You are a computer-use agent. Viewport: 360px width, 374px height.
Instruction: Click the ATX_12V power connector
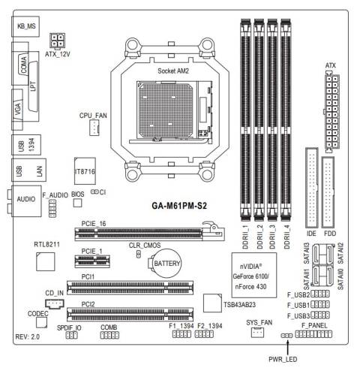58,41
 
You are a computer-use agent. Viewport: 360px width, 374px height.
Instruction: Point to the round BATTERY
164,264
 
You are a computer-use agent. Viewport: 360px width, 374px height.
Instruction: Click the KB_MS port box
28,26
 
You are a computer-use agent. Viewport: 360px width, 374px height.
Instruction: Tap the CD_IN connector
53,304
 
